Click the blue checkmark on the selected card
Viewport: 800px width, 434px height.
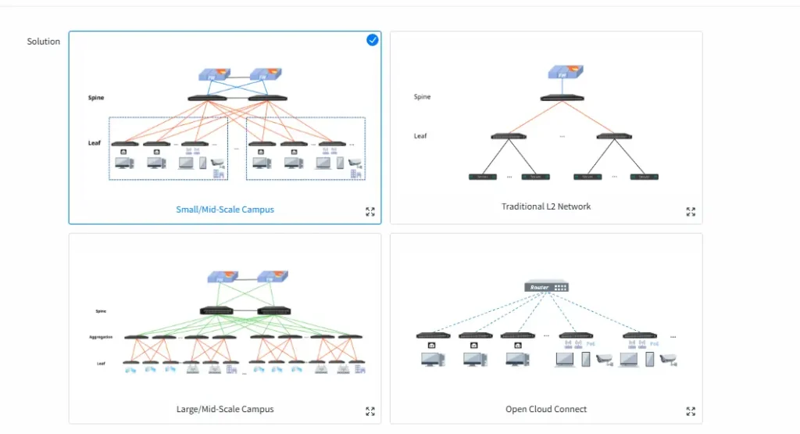[373, 40]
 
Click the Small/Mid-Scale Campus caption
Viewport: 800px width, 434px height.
[225, 210]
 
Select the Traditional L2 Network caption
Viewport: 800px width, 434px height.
[546, 206]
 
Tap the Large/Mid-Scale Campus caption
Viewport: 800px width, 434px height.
[225, 409]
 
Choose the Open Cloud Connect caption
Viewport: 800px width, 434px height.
[546, 409]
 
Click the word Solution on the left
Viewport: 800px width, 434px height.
[44, 41]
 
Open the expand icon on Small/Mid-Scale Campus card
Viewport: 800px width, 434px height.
[370, 211]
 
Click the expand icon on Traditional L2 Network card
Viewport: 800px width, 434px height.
[691, 211]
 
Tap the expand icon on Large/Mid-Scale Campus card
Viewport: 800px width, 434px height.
[370, 411]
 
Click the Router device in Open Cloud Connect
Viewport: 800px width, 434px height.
[547, 287]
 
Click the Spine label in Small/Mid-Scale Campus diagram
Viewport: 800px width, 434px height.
[96, 98]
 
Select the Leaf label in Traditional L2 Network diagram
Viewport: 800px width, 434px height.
[420, 136]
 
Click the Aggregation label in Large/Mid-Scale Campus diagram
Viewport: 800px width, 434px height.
[101, 337]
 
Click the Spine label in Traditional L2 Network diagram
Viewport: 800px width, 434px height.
[422, 97]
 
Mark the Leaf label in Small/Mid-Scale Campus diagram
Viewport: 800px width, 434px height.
[95, 143]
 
